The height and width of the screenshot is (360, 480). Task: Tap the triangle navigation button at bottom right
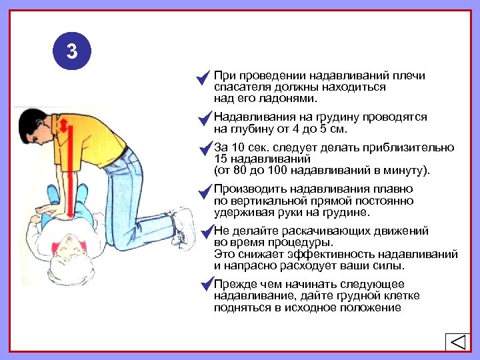[457, 342]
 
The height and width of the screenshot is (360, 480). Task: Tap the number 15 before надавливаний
[221, 159]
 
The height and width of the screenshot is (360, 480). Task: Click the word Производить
[247, 190]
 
